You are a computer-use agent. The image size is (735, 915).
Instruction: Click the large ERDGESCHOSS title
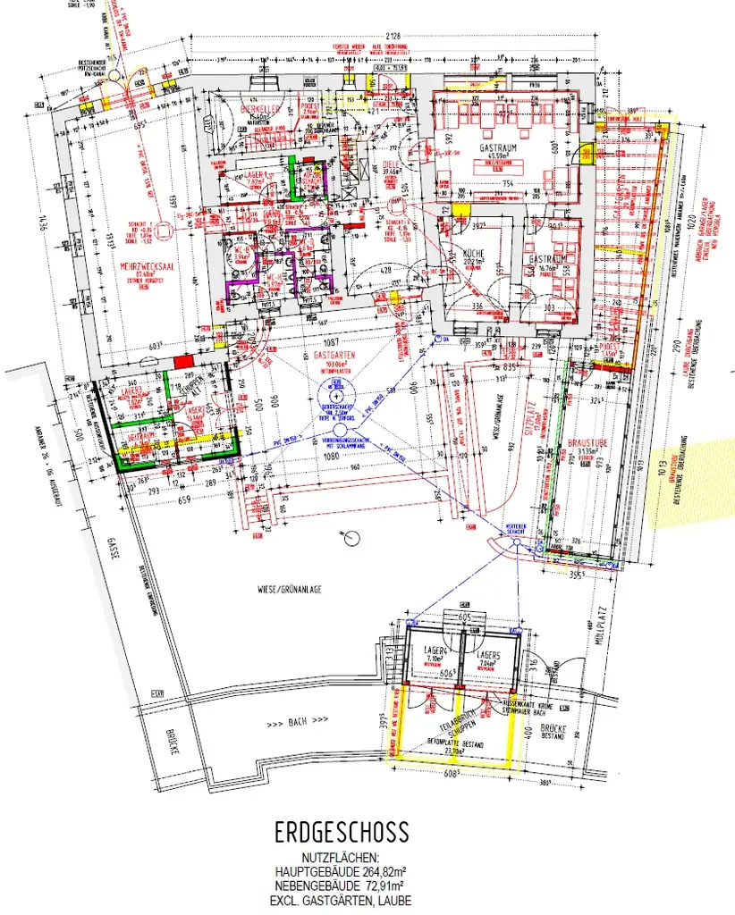point(342,833)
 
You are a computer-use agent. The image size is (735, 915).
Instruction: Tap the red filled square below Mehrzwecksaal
point(182,362)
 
